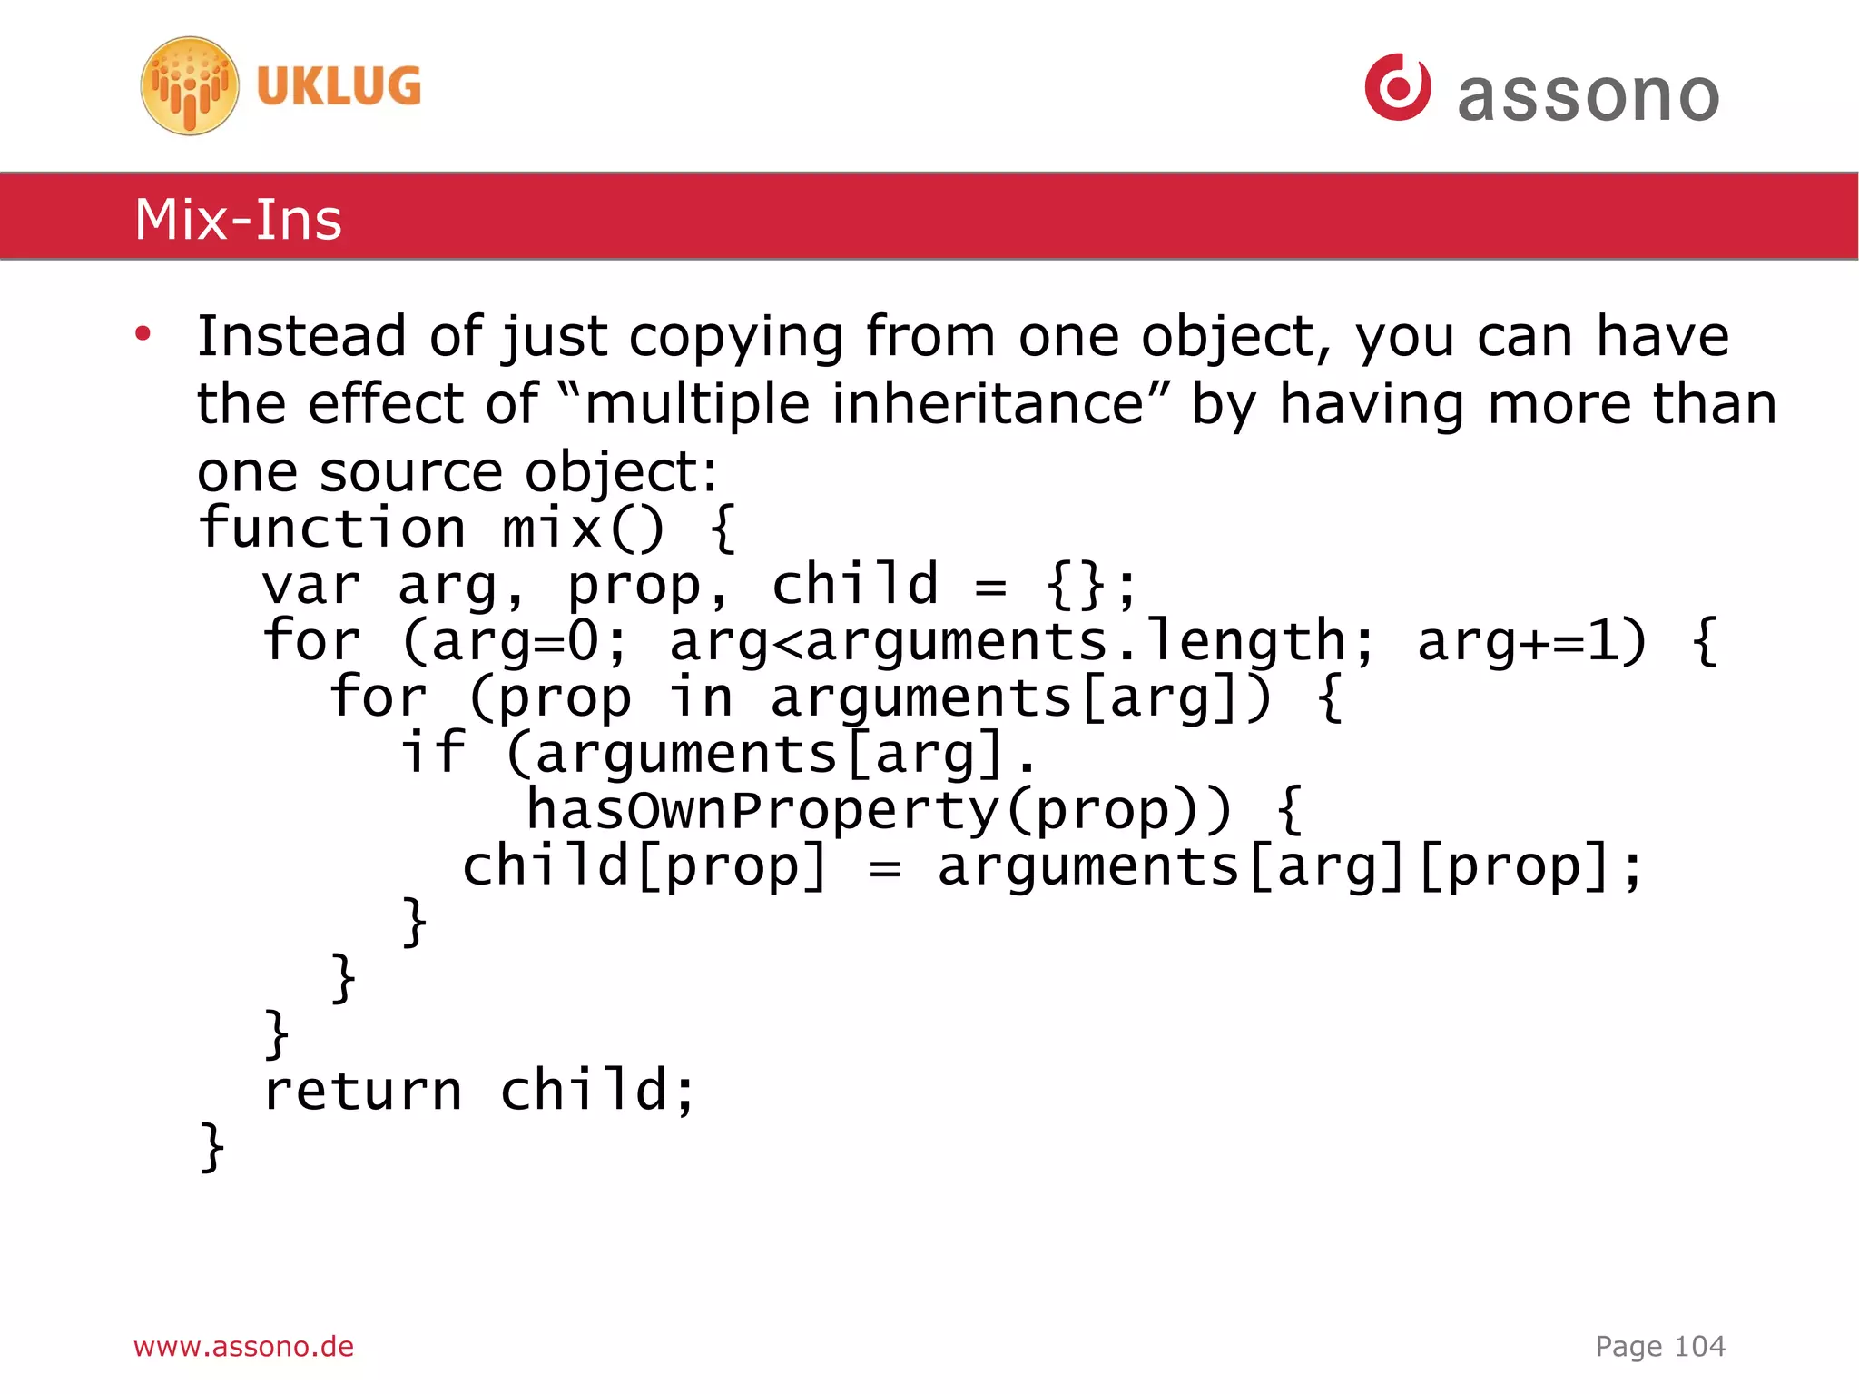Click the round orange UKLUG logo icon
(x=190, y=86)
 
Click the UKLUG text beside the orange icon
(x=339, y=86)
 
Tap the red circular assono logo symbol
(x=1398, y=87)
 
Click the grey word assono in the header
(x=1589, y=96)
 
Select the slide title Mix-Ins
(x=238, y=220)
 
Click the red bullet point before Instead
(x=143, y=334)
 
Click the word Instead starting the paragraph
(x=300, y=336)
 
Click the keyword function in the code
(x=332, y=529)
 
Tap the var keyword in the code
(x=310, y=586)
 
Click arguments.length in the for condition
(x=1075, y=642)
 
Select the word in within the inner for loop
(x=700, y=697)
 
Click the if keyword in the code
(x=434, y=754)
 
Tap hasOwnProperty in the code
(x=762, y=810)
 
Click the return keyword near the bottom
(x=362, y=1091)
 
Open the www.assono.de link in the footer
(x=243, y=1346)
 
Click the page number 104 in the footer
(x=1699, y=1346)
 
